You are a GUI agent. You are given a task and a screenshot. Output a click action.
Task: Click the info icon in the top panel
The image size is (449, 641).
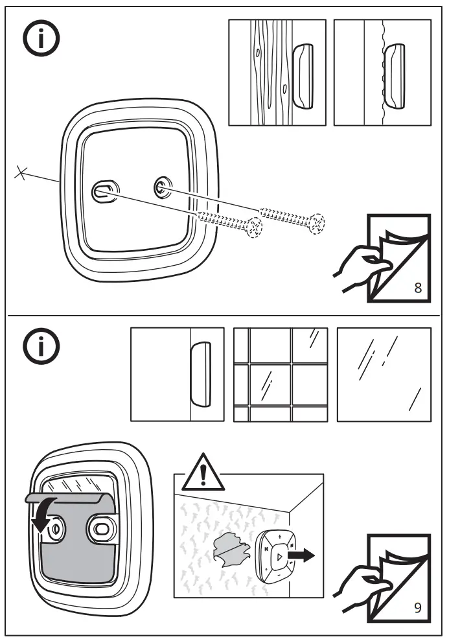41,39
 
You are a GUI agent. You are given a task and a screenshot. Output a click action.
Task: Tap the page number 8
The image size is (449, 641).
417,288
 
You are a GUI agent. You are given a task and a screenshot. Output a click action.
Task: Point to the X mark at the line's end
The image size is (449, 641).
21,173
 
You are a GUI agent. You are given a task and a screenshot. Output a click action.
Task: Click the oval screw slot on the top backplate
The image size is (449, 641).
103,190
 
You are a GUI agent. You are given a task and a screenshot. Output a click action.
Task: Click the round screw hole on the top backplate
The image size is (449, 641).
160,188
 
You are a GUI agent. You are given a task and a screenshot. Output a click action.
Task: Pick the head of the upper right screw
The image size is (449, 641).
317,224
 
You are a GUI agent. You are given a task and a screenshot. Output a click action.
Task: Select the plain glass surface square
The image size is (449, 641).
384,374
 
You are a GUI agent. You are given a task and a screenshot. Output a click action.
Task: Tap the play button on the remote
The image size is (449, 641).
278,556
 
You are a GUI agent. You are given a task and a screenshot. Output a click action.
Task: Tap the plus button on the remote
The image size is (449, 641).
279,537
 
